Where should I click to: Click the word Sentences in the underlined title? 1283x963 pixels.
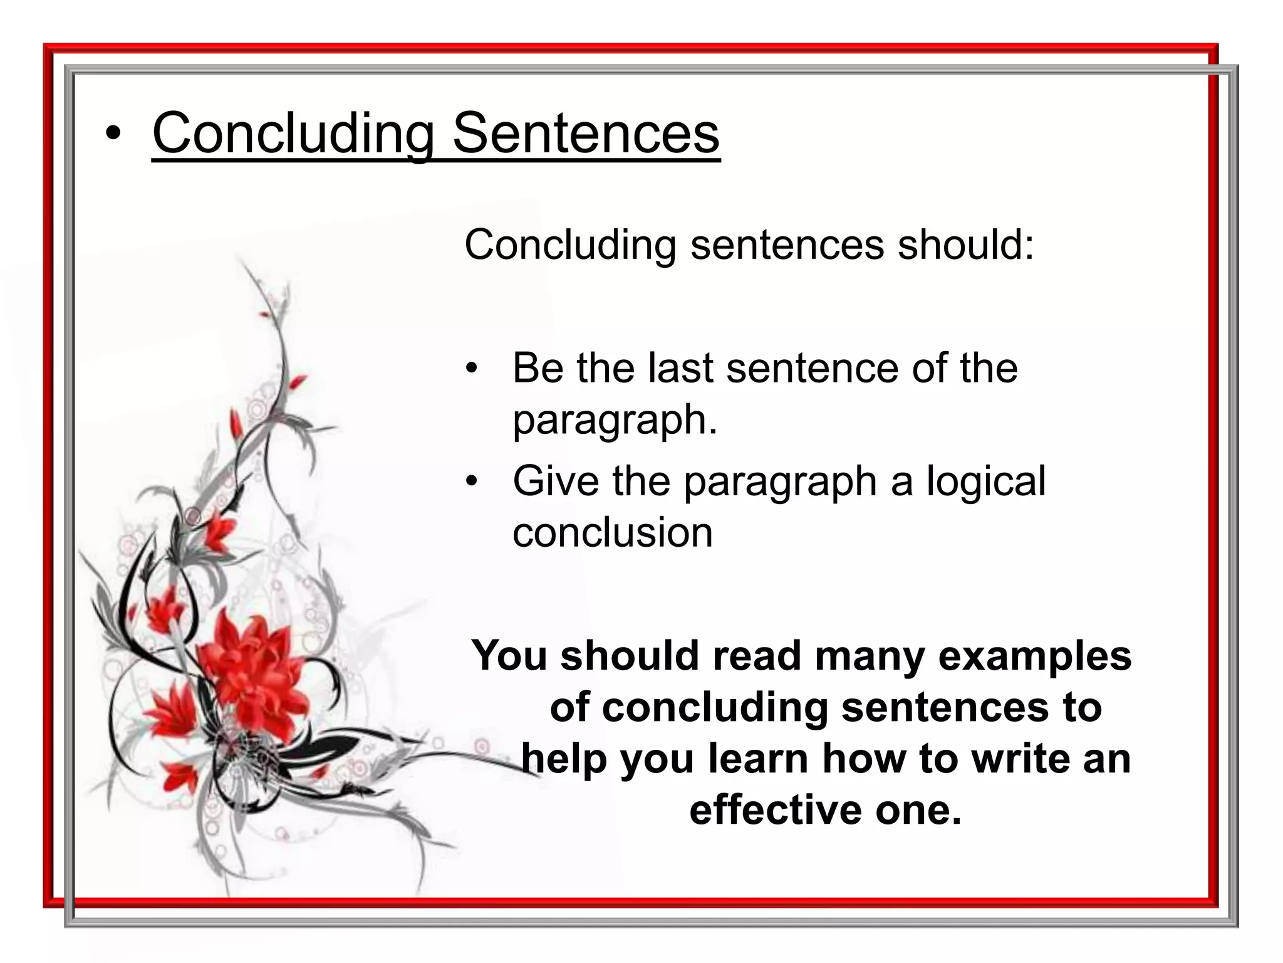pos(586,133)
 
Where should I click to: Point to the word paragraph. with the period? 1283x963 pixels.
pos(615,420)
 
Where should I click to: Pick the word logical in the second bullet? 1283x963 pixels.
pos(986,481)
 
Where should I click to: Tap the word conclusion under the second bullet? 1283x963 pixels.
pos(612,533)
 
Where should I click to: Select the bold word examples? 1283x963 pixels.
pos(1034,656)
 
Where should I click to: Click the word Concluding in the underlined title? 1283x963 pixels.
pos(294,133)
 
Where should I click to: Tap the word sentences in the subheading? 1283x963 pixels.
pos(787,245)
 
